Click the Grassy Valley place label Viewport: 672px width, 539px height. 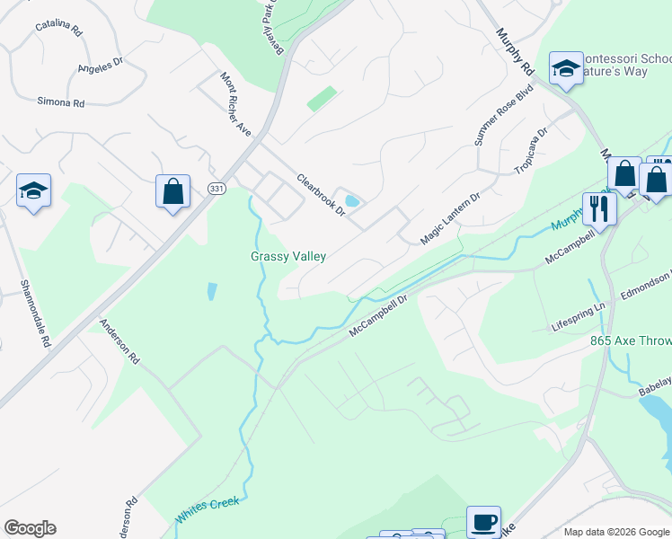[x=287, y=256]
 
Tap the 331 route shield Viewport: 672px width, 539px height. [x=216, y=189]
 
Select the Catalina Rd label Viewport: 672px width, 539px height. [x=58, y=28]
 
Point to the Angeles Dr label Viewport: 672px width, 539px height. [x=100, y=66]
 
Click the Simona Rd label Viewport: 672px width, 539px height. [x=60, y=102]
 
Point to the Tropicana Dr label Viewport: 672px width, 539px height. [x=530, y=152]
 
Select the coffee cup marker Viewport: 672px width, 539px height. [x=483, y=521]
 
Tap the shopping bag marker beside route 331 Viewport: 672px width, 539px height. [x=172, y=191]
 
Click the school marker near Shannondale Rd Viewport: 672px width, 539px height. [x=33, y=190]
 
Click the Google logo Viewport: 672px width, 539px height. [x=31, y=528]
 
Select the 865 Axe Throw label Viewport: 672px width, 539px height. [x=631, y=341]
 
